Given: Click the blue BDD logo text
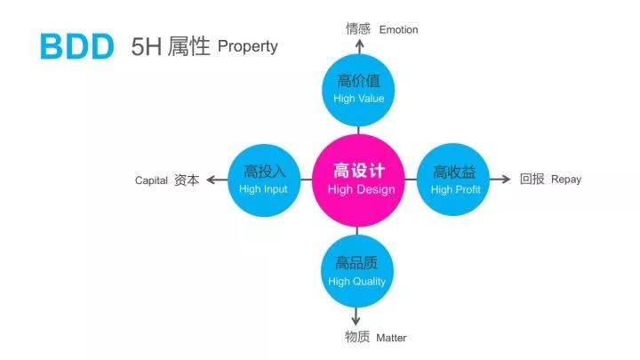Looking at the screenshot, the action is pyautogui.click(x=77, y=46).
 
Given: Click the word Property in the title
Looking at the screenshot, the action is pyautogui.click(x=248, y=46).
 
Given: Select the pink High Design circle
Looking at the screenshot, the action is pyautogui.click(x=358, y=180).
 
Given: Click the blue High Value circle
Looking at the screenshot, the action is pyautogui.click(x=358, y=90).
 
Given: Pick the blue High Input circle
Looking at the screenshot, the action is pyautogui.click(x=264, y=180).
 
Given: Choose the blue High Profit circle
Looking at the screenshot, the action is pyautogui.click(x=453, y=180).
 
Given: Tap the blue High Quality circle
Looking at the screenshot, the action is pyautogui.click(x=357, y=271).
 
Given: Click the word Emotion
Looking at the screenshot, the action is pyautogui.click(x=398, y=30).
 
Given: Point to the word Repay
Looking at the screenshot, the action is pyautogui.click(x=566, y=180).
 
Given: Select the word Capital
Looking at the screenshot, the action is pyautogui.click(x=151, y=180).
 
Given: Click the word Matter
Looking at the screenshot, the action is pyautogui.click(x=391, y=338).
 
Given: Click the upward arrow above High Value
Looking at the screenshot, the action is pyautogui.click(x=359, y=46).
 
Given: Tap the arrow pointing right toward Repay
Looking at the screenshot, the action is pyautogui.click(x=500, y=180).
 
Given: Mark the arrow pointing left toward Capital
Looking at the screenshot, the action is pyautogui.click(x=217, y=180).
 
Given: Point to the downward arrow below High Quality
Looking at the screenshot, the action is pyautogui.click(x=356, y=316).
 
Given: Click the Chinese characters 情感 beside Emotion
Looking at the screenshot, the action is pyautogui.click(x=358, y=29).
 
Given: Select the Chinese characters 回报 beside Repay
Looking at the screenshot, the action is pyautogui.click(x=532, y=179).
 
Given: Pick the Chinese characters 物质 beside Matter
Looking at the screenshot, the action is pyautogui.click(x=357, y=337).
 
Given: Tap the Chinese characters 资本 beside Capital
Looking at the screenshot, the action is pyautogui.click(x=187, y=180).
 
